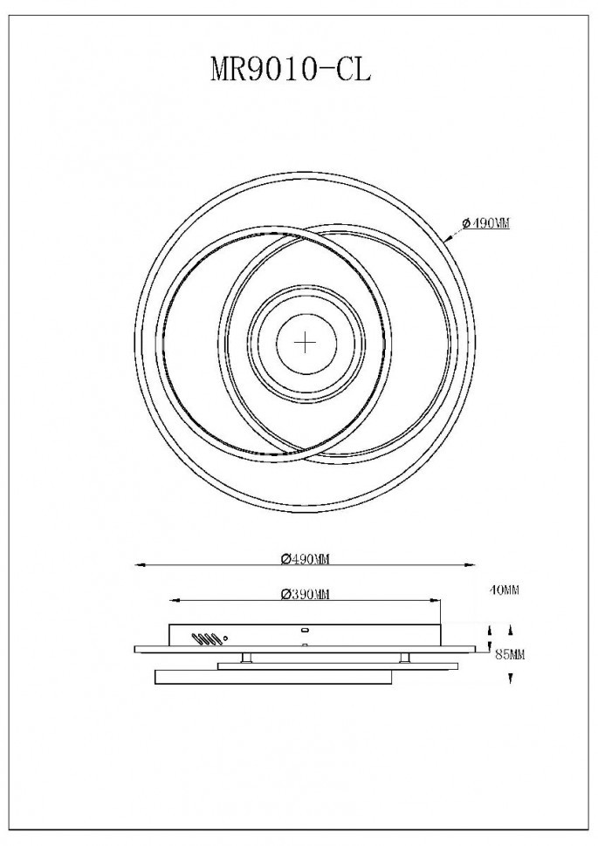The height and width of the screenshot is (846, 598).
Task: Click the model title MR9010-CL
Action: tap(291, 69)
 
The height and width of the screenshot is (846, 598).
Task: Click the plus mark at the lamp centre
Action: tap(305, 342)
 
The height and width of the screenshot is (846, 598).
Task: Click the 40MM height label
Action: tap(505, 590)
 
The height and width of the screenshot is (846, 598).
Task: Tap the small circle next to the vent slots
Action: tap(228, 638)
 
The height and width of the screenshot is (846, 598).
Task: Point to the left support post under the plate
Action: tap(251, 657)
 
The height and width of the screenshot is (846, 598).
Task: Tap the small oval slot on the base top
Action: tap(305, 629)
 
